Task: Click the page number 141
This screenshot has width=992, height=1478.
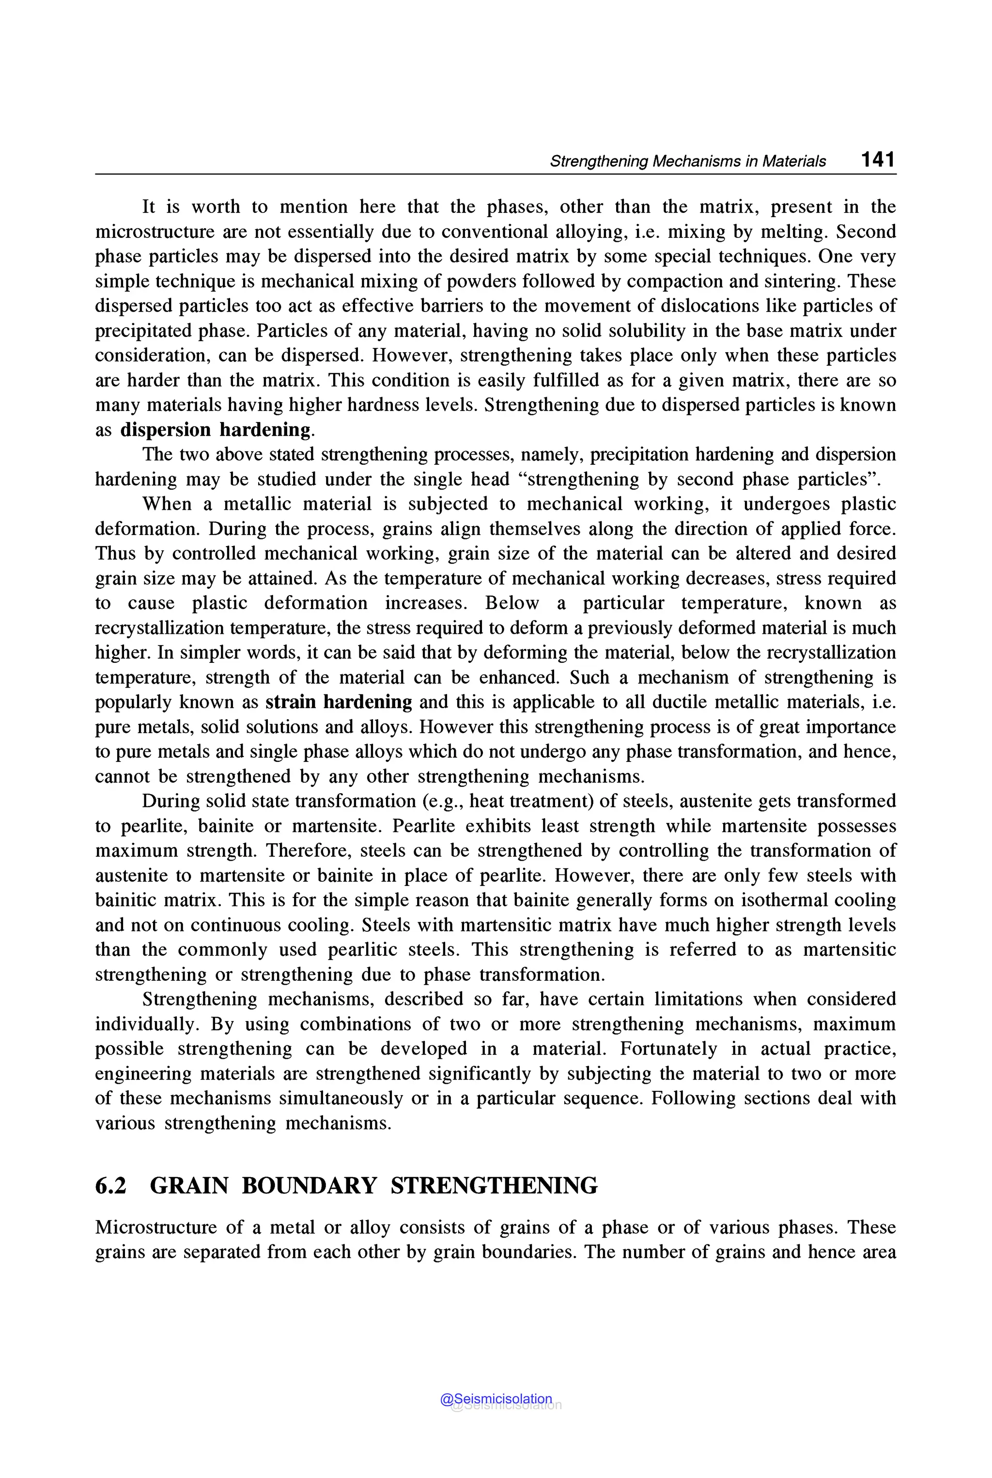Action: coord(878,159)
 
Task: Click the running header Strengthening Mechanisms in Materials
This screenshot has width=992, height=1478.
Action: coord(688,161)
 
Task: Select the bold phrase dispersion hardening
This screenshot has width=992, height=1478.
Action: coord(216,430)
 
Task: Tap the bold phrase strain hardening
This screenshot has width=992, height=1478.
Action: coord(339,702)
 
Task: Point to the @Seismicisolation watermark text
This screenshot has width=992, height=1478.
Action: coord(496,1399)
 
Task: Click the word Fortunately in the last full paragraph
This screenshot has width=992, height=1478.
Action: coord(667,1049)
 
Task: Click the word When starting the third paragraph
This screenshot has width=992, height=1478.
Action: coord(167,504)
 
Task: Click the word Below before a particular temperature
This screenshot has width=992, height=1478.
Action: coord(512,603)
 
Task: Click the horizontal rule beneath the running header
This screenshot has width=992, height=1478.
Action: coord(496,174)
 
